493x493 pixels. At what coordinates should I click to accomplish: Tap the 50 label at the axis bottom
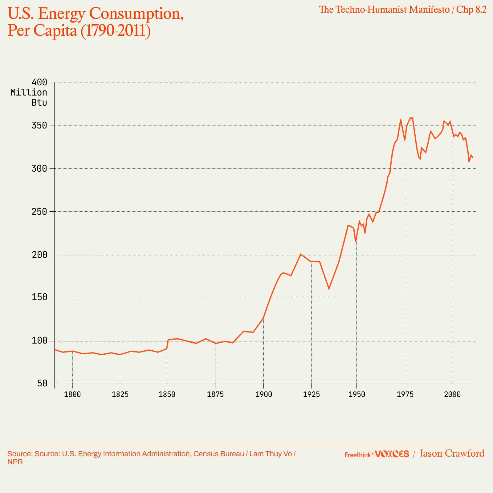coord(43,384)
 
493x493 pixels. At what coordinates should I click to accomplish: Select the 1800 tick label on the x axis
coord(72,395)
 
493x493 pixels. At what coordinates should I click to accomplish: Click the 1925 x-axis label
coord(311,395)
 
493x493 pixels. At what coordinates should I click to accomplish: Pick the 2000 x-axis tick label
coord(452,395)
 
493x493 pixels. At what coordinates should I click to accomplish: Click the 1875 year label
coord(215,395)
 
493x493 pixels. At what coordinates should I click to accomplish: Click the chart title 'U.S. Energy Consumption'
coord(96,14)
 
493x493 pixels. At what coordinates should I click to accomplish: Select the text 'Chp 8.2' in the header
coord(471,10)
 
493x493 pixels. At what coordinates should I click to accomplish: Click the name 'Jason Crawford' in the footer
coord(452,454)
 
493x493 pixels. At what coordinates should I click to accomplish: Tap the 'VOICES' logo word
coord(392,454)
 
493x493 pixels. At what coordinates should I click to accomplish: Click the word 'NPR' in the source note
coord(15,462)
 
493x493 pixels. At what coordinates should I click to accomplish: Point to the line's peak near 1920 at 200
coord(301,255)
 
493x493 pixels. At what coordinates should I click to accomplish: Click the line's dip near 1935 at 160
coord(329,289)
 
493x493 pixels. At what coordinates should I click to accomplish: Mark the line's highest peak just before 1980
coord(411,118)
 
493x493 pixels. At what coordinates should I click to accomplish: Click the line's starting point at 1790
coord(55,349)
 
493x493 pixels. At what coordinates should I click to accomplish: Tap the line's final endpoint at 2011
coord(473,158)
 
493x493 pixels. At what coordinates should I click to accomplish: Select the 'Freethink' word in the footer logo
coord(357,455)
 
